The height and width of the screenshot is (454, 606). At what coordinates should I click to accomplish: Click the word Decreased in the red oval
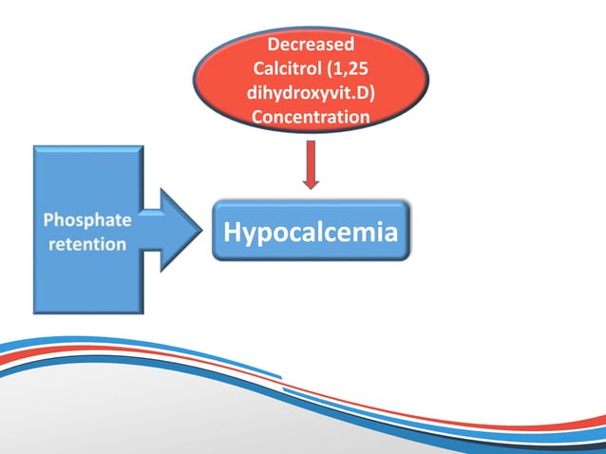tap(311, 45)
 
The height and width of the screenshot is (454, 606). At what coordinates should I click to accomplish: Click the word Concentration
tap(311, 118)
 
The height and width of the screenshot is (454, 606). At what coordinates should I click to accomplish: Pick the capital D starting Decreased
tap(273, 45)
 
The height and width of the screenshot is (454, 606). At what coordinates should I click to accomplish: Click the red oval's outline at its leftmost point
tap(194, 81)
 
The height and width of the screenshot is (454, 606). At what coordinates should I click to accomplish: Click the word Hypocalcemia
tap(311, 231)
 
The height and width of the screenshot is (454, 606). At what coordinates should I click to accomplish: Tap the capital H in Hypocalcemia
tap(232, 231)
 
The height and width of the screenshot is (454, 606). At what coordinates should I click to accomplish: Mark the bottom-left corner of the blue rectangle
tap(35, 312)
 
